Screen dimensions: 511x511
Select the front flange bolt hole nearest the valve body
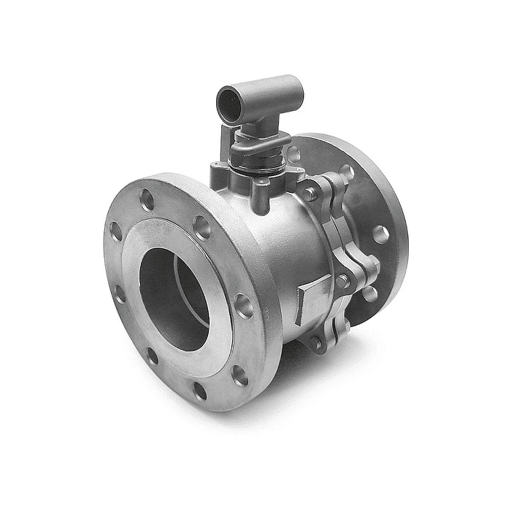point(244,306)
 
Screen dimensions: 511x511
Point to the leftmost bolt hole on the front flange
point(115,231)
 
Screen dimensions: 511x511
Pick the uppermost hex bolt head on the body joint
point(311,193)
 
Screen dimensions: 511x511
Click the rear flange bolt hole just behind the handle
point(293,155)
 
